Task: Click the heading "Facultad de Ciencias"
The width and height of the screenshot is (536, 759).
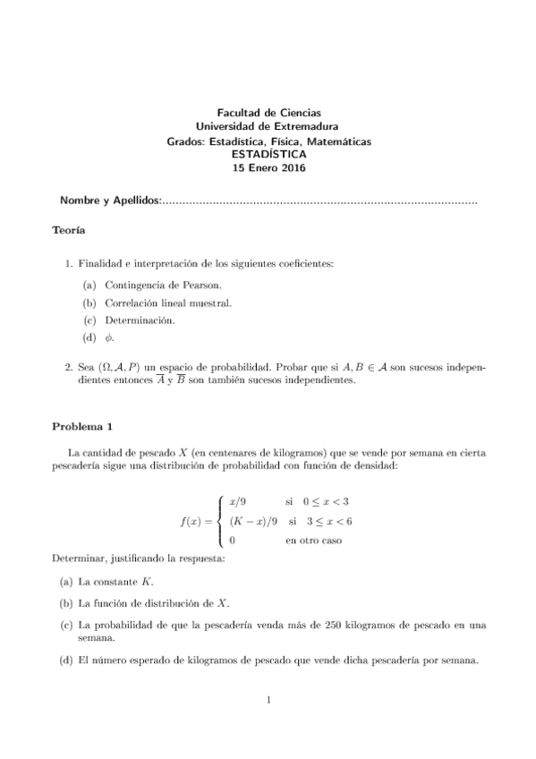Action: (268, 112)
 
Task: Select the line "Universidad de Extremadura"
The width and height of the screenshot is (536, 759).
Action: (268, 127)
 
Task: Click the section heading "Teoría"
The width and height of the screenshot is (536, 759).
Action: (69, 231)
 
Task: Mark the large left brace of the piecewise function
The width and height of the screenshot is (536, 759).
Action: (221, 522)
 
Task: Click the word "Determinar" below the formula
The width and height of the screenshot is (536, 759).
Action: (78, 559)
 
